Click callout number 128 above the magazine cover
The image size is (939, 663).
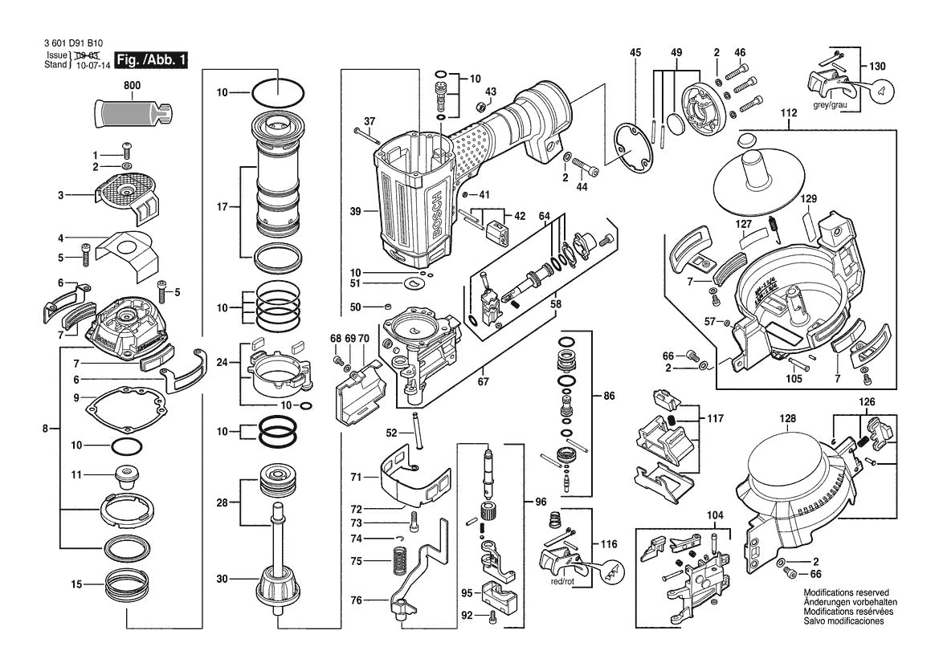point(787,418)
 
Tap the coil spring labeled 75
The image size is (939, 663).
point(397,561)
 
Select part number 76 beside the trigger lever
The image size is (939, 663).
point(356,600)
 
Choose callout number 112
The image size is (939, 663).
point(788,113)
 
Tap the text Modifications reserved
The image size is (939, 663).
point(846,592)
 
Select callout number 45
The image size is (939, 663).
point(635,53)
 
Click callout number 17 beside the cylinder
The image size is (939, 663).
point(224,206)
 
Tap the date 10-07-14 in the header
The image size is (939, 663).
point(91,64)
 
